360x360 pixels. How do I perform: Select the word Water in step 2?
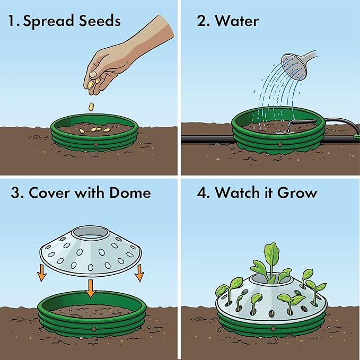(x=237, y=22)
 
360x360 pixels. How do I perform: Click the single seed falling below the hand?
(x=91, y=106)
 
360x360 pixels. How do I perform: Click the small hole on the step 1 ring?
(x=94, y=144)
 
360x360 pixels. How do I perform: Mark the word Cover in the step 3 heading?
(x=45, y=192)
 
